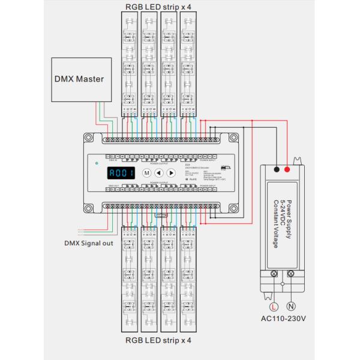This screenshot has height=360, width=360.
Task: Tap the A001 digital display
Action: coord(122,173)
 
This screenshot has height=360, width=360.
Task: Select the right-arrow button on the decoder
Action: coord(171,173)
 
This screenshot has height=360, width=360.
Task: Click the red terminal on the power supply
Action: coord(287,170)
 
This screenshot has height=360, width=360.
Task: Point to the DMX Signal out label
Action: coord(89,243)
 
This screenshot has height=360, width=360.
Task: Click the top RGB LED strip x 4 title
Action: coord(158,6)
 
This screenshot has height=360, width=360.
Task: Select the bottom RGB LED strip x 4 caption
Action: coord(158,340)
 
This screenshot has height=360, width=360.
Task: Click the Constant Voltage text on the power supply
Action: coord(276,224)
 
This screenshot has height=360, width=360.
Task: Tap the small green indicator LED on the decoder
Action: coord(96,163)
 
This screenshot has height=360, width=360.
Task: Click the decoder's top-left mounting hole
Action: coord(88,138)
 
